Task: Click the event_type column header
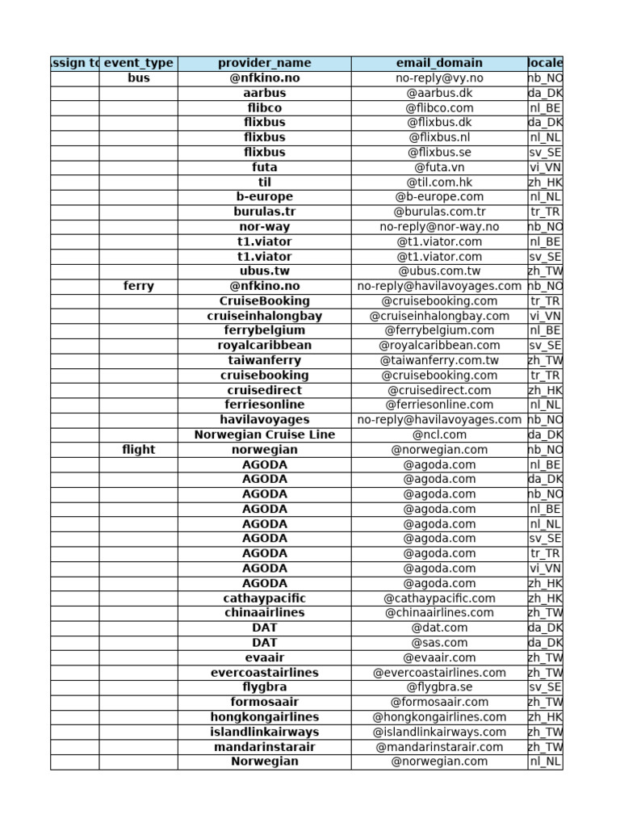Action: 138,63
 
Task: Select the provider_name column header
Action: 264,63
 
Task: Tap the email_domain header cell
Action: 439,63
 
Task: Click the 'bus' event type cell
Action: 138,78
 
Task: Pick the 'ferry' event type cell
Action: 138,286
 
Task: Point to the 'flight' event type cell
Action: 138,450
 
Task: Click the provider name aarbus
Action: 264,93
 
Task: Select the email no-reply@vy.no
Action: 439,78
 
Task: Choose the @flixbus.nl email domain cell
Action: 439,137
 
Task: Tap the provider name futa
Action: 264,167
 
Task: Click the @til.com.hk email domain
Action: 439,183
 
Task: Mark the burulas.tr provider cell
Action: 264,212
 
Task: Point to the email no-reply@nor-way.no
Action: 439,227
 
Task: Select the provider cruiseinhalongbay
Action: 264,316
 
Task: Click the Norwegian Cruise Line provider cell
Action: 264,434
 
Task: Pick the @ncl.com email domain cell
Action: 439,434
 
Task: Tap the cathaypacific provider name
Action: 264,598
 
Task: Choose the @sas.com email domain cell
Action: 439,643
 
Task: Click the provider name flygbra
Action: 264,687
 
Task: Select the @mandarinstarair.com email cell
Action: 439,747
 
